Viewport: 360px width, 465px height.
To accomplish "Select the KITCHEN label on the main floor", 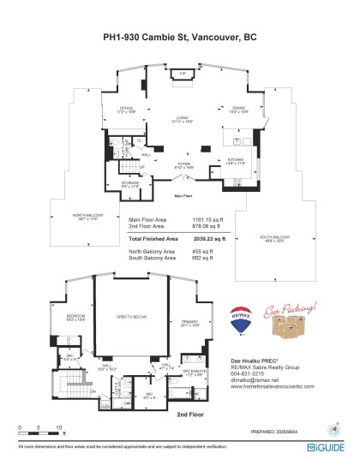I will [x=237, y=160].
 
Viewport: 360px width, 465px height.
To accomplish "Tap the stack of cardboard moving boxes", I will [x=288, y=331].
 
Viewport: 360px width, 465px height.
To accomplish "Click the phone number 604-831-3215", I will [x=249, y=373].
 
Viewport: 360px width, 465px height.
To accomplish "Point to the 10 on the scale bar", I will [x=58, y=426].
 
